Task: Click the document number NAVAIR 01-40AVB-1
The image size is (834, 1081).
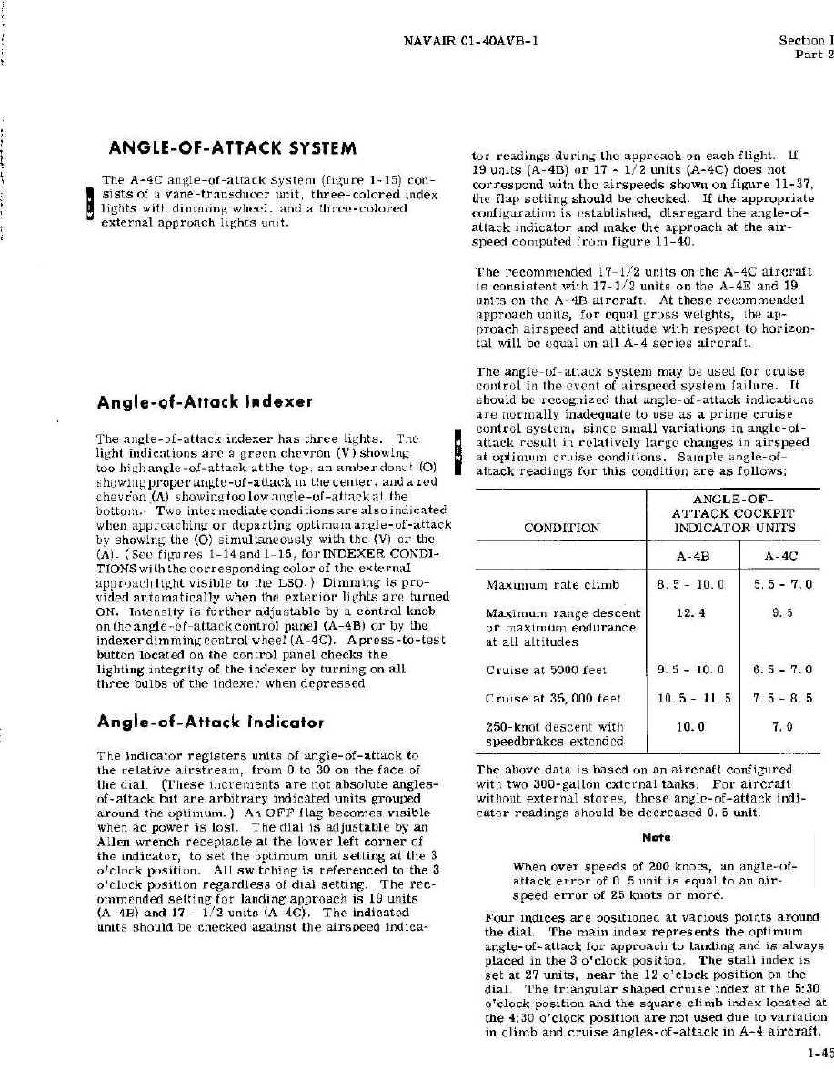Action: pyautogui.click(x=472, y=40)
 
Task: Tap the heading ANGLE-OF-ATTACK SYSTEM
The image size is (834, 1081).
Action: pyautogui.click(x=232, y=148)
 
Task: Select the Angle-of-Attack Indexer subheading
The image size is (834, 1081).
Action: pyautogui.click(x=206, y=400)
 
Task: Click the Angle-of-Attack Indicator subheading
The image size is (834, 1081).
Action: pyautogui.click(x=212, y=722)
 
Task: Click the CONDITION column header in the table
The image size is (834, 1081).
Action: pyautogui.click(x=561, y=528)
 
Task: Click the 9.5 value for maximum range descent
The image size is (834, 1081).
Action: pyautogui.click(x=781, y=614)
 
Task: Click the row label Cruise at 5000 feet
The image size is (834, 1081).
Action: pyautogui.click(x=547, y=671)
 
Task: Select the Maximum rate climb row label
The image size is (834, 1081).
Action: pyautogui.click(x=553, y=584)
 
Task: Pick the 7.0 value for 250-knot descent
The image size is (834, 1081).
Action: pyautogui.click(x=781, y=727)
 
